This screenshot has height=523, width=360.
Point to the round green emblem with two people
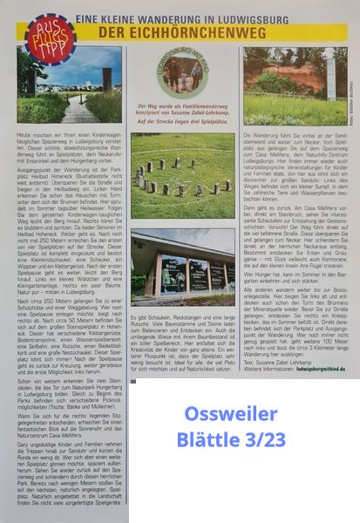coord(183,73)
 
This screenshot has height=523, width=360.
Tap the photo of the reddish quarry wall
coord(293,85)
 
